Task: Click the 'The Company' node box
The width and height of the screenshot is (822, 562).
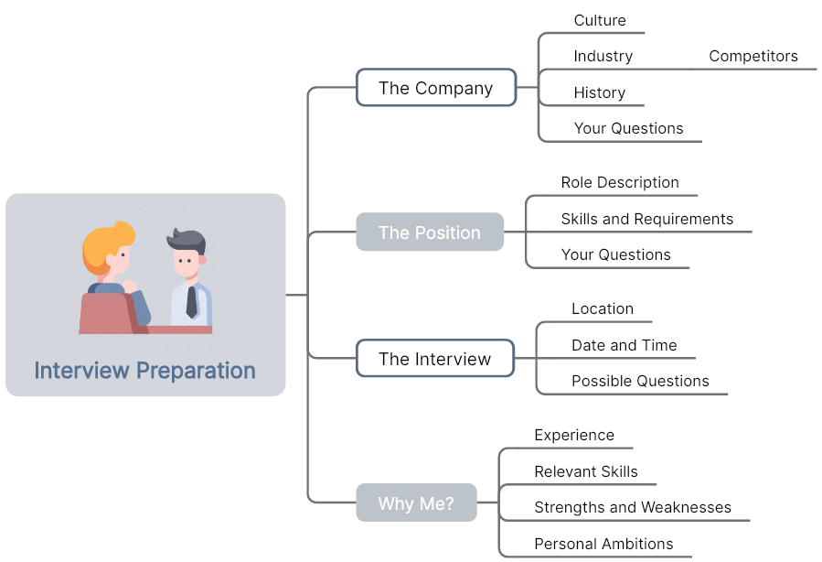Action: coord(436,88)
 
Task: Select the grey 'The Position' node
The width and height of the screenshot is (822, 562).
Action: coord(430,232)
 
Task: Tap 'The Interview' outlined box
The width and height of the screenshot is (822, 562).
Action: coord(435,359)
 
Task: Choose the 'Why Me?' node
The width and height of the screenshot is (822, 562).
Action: coord(416,503)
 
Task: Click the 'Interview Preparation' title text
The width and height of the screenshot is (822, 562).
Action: coord(145,371)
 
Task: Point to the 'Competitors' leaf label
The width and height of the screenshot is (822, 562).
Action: coord(753,56)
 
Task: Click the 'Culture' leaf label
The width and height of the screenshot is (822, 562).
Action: coord(600,20)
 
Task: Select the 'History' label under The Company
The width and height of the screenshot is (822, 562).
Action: coord(599,92)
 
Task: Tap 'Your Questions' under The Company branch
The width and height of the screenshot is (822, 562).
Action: coord(628,128)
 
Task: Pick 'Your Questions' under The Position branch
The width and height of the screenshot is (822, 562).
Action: coord(616,254)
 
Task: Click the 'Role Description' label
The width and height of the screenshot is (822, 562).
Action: coord(620,182)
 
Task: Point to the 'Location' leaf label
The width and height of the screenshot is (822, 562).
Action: coord(603,308)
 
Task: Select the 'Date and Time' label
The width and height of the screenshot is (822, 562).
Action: coord(624,345)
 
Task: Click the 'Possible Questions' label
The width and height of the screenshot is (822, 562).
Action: coord(640,381)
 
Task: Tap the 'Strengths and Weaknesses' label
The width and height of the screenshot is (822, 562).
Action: coord(633,507)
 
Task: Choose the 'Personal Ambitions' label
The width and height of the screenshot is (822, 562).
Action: coord(603,544)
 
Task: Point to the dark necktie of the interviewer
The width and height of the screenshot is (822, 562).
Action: coord(192,302)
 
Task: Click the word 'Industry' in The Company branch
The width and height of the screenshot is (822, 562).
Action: coord(603,56)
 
